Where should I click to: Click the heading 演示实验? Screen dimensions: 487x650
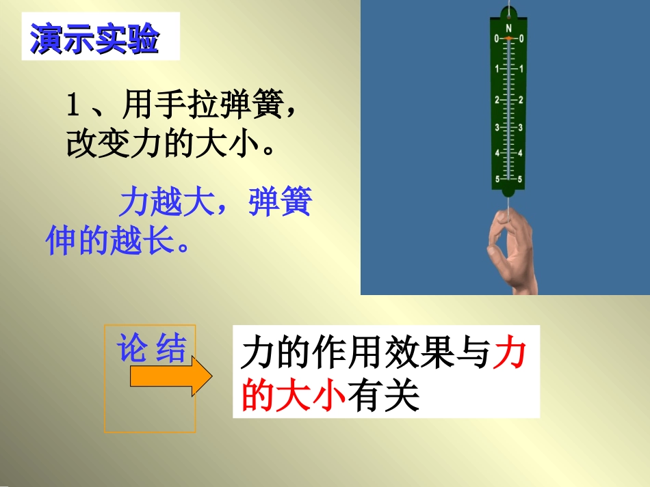tap(94, 41)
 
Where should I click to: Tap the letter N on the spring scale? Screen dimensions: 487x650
tap(509, 28)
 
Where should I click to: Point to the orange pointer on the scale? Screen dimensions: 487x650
tap(508, 39)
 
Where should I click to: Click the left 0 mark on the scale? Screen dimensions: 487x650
tap(497, 39)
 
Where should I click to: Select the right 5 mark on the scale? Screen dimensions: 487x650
tap(521, 180)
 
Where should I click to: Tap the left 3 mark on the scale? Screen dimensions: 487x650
tap(497, 128)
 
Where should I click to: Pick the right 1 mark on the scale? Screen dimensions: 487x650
tap(521, 69)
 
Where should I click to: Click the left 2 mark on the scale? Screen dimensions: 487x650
tap(497, 100)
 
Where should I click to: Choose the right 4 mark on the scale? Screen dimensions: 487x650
tap(521, 153)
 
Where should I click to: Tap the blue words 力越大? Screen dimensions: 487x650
tap(167, 203)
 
